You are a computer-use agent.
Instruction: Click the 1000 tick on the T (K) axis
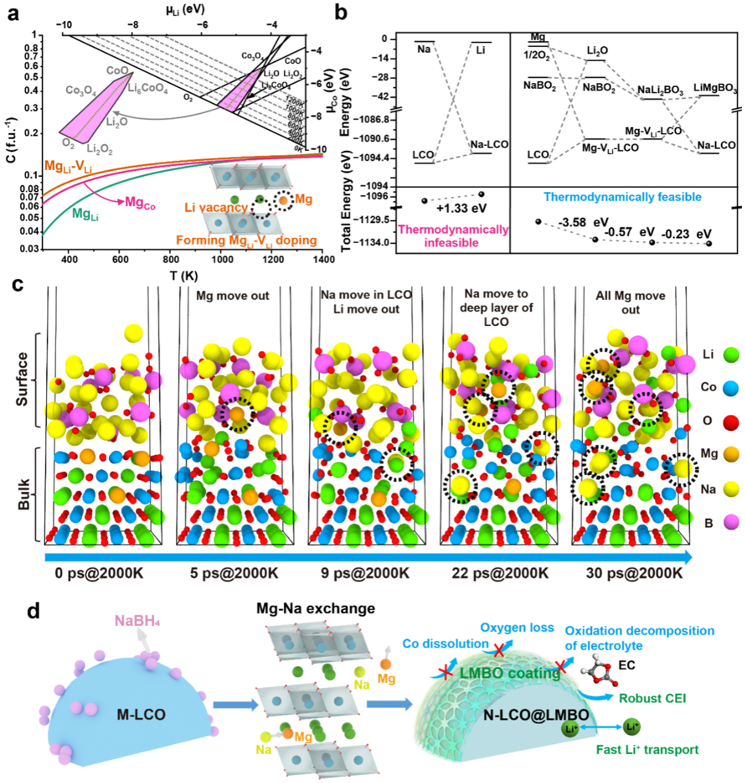click(x=222, y=259)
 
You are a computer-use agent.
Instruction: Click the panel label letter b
click(x=340, y=12)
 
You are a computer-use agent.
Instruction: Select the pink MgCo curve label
click(x=140, y=203)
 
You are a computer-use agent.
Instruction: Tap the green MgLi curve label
click(x=85, y=214)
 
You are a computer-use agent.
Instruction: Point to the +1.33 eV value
click(x=461, y=208)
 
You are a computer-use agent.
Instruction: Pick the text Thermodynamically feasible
click(x=622, y=197)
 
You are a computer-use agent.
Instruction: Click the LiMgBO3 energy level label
click(x=715, y=88)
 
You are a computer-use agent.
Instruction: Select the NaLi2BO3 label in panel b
click(x=660, y=91)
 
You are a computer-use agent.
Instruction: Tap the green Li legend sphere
click(x=731, y=354)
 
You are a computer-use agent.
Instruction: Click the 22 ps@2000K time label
click(x=500, y=573)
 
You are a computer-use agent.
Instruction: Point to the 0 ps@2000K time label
click(x=99, y=573)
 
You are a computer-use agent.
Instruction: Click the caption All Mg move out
click(x=630, y=302)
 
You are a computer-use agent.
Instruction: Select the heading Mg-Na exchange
click(x=315, y=609)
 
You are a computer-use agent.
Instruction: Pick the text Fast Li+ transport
click(x=647, y=750)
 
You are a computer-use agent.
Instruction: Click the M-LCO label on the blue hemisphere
click(x=141, y=715)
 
